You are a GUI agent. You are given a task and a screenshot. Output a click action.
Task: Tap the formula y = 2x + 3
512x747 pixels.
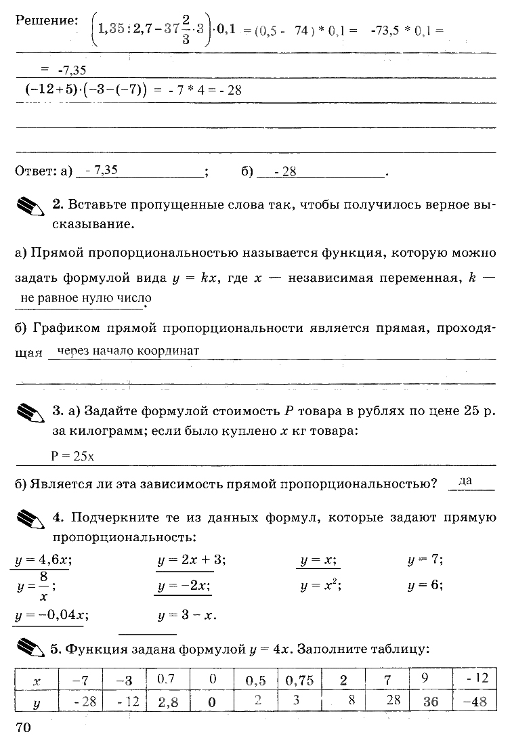pyautogui.click(x=192, y=560)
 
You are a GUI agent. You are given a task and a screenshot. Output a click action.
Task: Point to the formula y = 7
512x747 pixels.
pyautogui.click(x=425, y=560)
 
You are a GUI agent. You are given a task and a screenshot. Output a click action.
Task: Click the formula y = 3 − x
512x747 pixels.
pyautogui.click(x=186, y=615)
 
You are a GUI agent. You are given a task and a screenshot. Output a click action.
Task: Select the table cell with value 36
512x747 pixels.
pyautogui.click(x=430, y=702)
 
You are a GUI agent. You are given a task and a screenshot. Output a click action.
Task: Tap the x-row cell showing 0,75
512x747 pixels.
pyautogui.click(x=300, y=680)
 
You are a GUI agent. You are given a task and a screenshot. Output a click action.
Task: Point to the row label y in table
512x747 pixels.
pyautogui.click(x=37, y=702)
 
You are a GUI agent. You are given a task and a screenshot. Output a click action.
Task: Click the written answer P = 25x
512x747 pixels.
pyautogui.click(x=72, y=456)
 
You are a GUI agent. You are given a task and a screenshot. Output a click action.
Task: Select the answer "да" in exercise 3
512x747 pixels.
pyautogui.click(x=465, y=480)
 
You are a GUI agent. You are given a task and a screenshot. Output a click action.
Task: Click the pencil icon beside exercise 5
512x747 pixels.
pyautogui.click(x=30, y=649)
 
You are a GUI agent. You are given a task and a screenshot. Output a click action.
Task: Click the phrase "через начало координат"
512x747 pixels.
pyautogui.click(x=129, y=351)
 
